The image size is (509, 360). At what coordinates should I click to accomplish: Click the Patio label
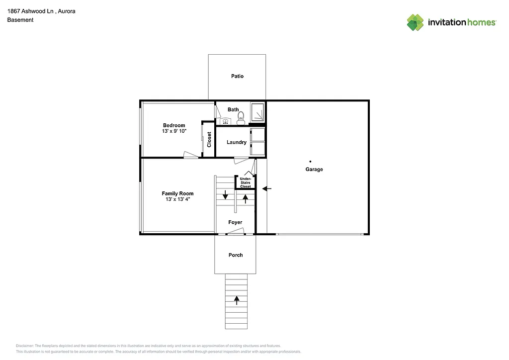(237, 76)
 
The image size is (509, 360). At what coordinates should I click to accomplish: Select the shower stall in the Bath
(258, 112)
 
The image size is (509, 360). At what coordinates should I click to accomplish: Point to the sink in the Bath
(225, 120)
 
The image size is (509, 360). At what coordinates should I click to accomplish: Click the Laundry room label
(237, 142)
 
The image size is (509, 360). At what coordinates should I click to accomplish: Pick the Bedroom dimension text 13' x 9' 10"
(174, 131)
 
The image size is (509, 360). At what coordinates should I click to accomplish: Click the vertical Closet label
(209, 139)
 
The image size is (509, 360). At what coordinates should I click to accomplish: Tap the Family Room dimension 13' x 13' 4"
(177, 199)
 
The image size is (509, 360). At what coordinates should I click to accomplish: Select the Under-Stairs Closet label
(246, 182)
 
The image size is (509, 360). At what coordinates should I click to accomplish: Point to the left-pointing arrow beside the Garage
(267, 188)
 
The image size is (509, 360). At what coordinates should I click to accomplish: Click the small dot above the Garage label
(311, 161)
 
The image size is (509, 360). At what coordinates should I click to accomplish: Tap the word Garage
(314, 170)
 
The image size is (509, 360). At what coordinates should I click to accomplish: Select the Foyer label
(235, 222)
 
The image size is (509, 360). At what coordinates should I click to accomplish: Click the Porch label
(236, 255)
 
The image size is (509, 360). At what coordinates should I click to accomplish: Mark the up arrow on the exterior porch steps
(237, 299)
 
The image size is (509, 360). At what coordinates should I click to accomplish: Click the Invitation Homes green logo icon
(416, 22)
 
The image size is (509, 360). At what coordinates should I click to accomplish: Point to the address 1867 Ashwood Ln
(30, 11)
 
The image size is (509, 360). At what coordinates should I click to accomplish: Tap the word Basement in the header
(20, 20)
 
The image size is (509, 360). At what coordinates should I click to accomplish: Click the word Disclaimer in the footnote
(25, 346)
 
